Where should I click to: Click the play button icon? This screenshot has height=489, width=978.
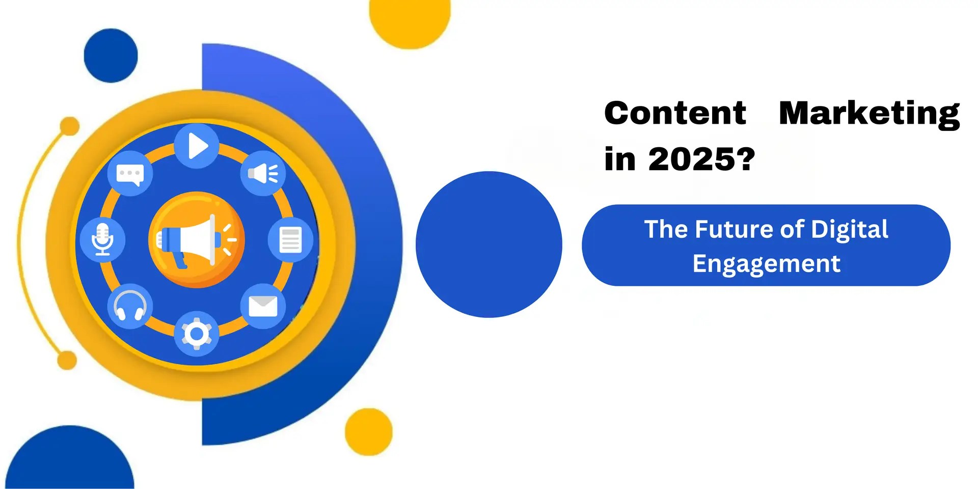coord(197,146)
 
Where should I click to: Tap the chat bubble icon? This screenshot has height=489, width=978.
coord(130,174)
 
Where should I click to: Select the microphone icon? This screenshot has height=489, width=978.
coord(103,239)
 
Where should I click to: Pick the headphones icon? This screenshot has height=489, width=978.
coord(130,306)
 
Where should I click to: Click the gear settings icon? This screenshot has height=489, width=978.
coord(197,334)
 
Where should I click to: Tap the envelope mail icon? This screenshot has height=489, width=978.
coord(263,306)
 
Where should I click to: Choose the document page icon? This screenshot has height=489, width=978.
coord(290,240)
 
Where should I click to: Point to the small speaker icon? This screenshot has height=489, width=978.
coord(263,174)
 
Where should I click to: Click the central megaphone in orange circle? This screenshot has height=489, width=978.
coord(197,240)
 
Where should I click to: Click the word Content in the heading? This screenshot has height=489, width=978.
coord(675,113)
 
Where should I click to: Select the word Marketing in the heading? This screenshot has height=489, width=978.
coord(869,114)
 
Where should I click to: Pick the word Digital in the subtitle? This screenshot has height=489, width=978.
coord(850,230)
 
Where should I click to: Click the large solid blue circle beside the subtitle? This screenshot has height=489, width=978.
coord(489,244)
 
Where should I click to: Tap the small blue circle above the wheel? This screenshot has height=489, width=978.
coord(111,56)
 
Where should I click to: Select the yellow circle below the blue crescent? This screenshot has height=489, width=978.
coord(369,431)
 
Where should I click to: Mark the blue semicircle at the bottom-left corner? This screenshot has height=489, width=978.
coord(70,461)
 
